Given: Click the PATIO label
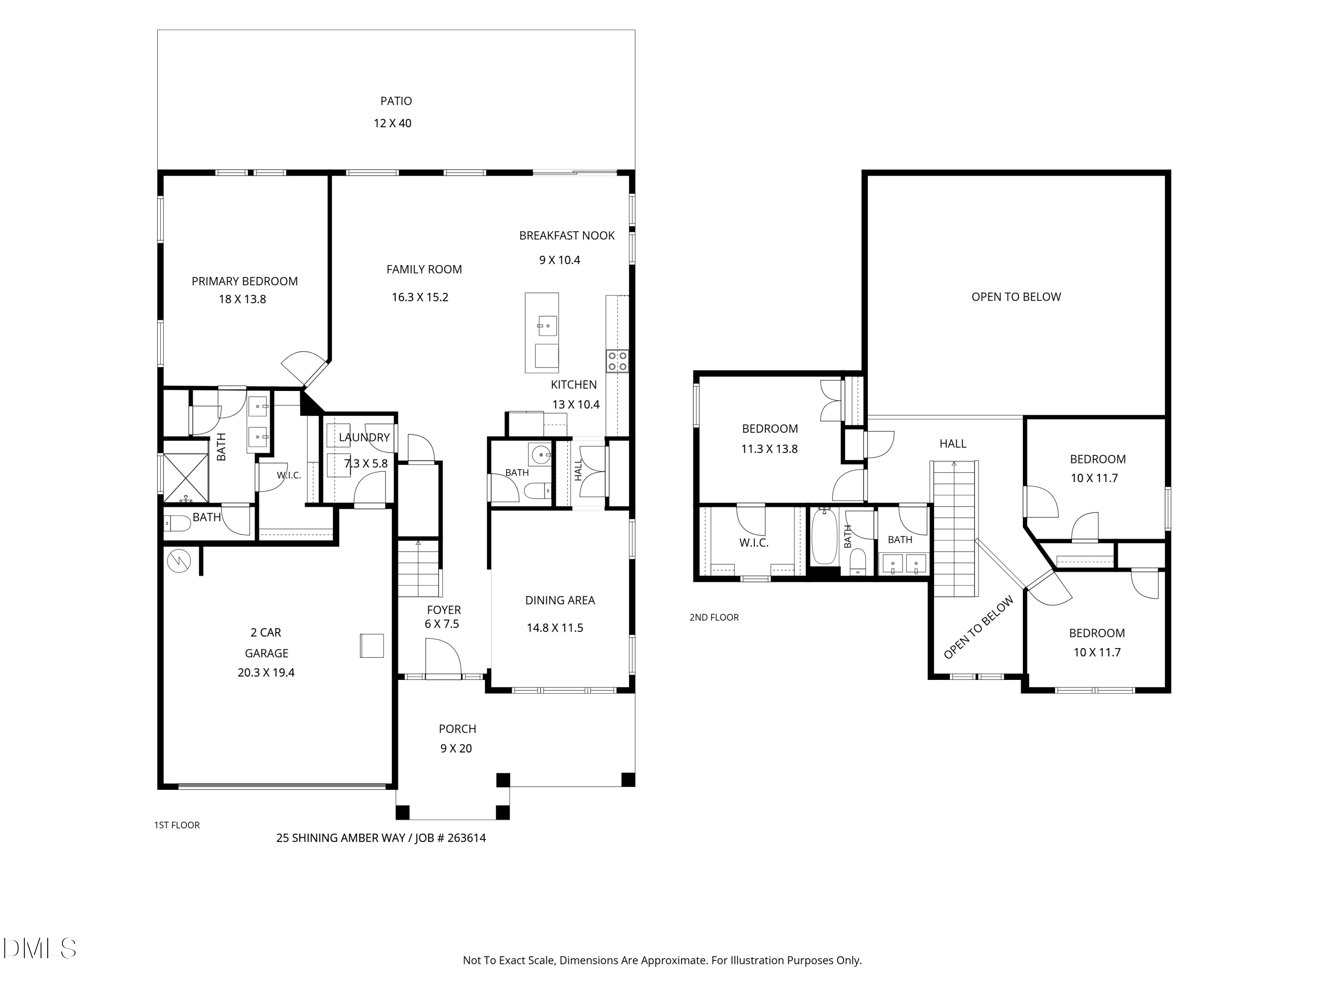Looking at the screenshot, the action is tap(396, 101).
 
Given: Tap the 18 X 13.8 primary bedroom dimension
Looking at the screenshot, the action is tap(242, 299).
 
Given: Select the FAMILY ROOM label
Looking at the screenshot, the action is tap(424, 269).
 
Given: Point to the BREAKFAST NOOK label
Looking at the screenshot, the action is tap(567, 235).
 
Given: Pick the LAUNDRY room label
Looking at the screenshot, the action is tap(364, 437).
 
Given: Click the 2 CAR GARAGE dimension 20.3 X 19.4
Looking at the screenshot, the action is tap(266, 673).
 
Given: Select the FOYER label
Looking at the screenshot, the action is tap(444, 610).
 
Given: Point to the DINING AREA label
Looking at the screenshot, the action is tap(560, 600).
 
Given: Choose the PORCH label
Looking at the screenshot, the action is tap(458, 729).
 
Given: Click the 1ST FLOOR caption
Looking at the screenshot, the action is tap(177, 825).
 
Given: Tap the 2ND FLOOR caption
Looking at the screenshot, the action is tap(714, 617).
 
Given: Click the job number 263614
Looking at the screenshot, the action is tap(467, 838).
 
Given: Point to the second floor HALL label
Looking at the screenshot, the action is tap(953, 444).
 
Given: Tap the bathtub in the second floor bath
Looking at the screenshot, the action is tap(825, 537).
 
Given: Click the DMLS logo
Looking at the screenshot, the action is tap(40, 948).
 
